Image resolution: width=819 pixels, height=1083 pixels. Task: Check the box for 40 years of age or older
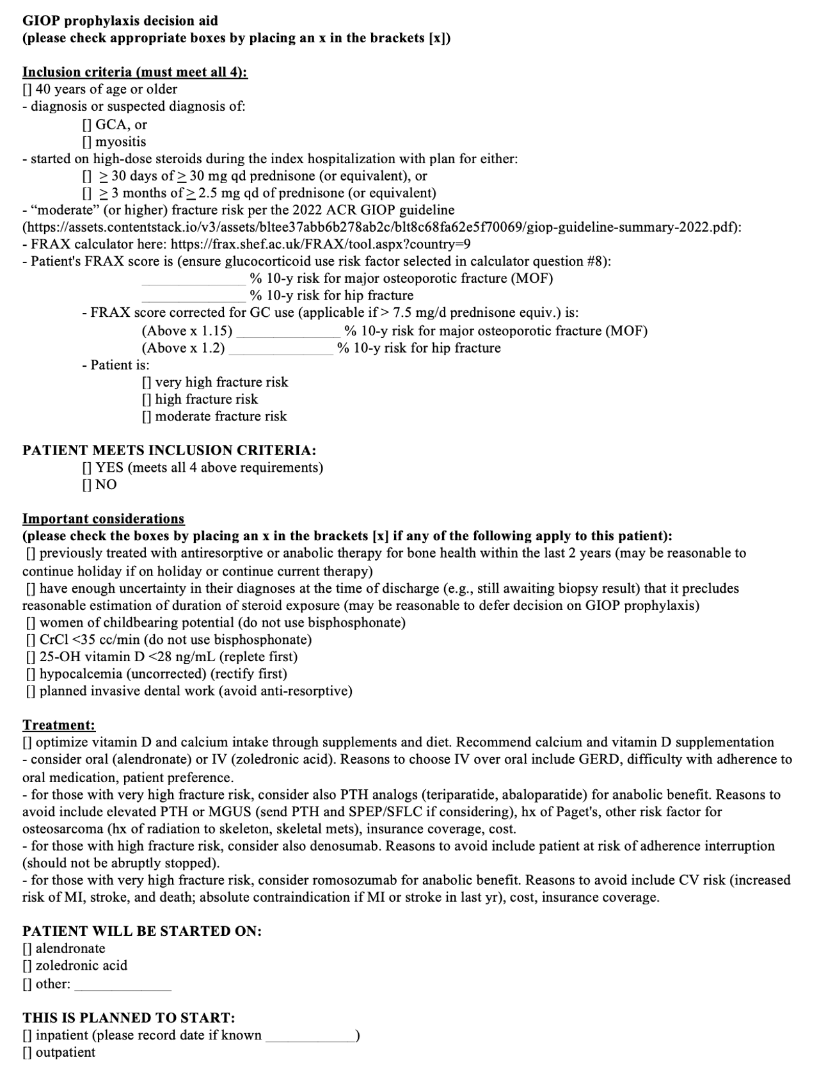[x=28, y=90]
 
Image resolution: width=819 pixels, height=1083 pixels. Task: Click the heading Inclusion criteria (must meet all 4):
[x=135, y=72]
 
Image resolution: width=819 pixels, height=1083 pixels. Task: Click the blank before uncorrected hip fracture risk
[x=193, y=296]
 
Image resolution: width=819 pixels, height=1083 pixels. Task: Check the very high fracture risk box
[x=147, y=383]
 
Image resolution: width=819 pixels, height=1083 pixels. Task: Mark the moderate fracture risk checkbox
[x=147, y=417]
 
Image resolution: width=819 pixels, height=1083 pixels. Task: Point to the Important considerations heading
[x=104, y=519]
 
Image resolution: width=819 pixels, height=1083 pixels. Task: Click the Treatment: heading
[x=59, y=725]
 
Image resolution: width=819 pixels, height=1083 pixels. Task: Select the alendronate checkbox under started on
[x=28, y=949]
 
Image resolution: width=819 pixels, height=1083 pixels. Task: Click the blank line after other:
[x=123, y=985]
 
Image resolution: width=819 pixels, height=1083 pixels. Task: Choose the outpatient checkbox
[x=28, y=1053]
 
